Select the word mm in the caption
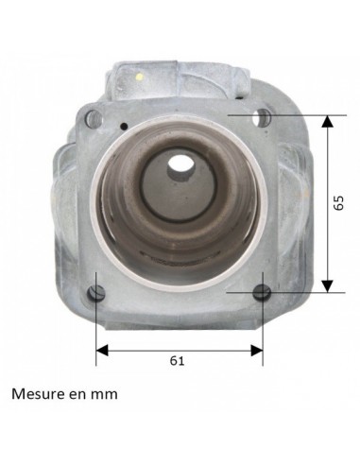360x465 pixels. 105,394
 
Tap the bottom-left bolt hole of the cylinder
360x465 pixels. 96,291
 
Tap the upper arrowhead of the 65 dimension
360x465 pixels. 328,122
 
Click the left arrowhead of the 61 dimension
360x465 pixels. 101,350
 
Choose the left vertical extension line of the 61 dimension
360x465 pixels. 96,326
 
